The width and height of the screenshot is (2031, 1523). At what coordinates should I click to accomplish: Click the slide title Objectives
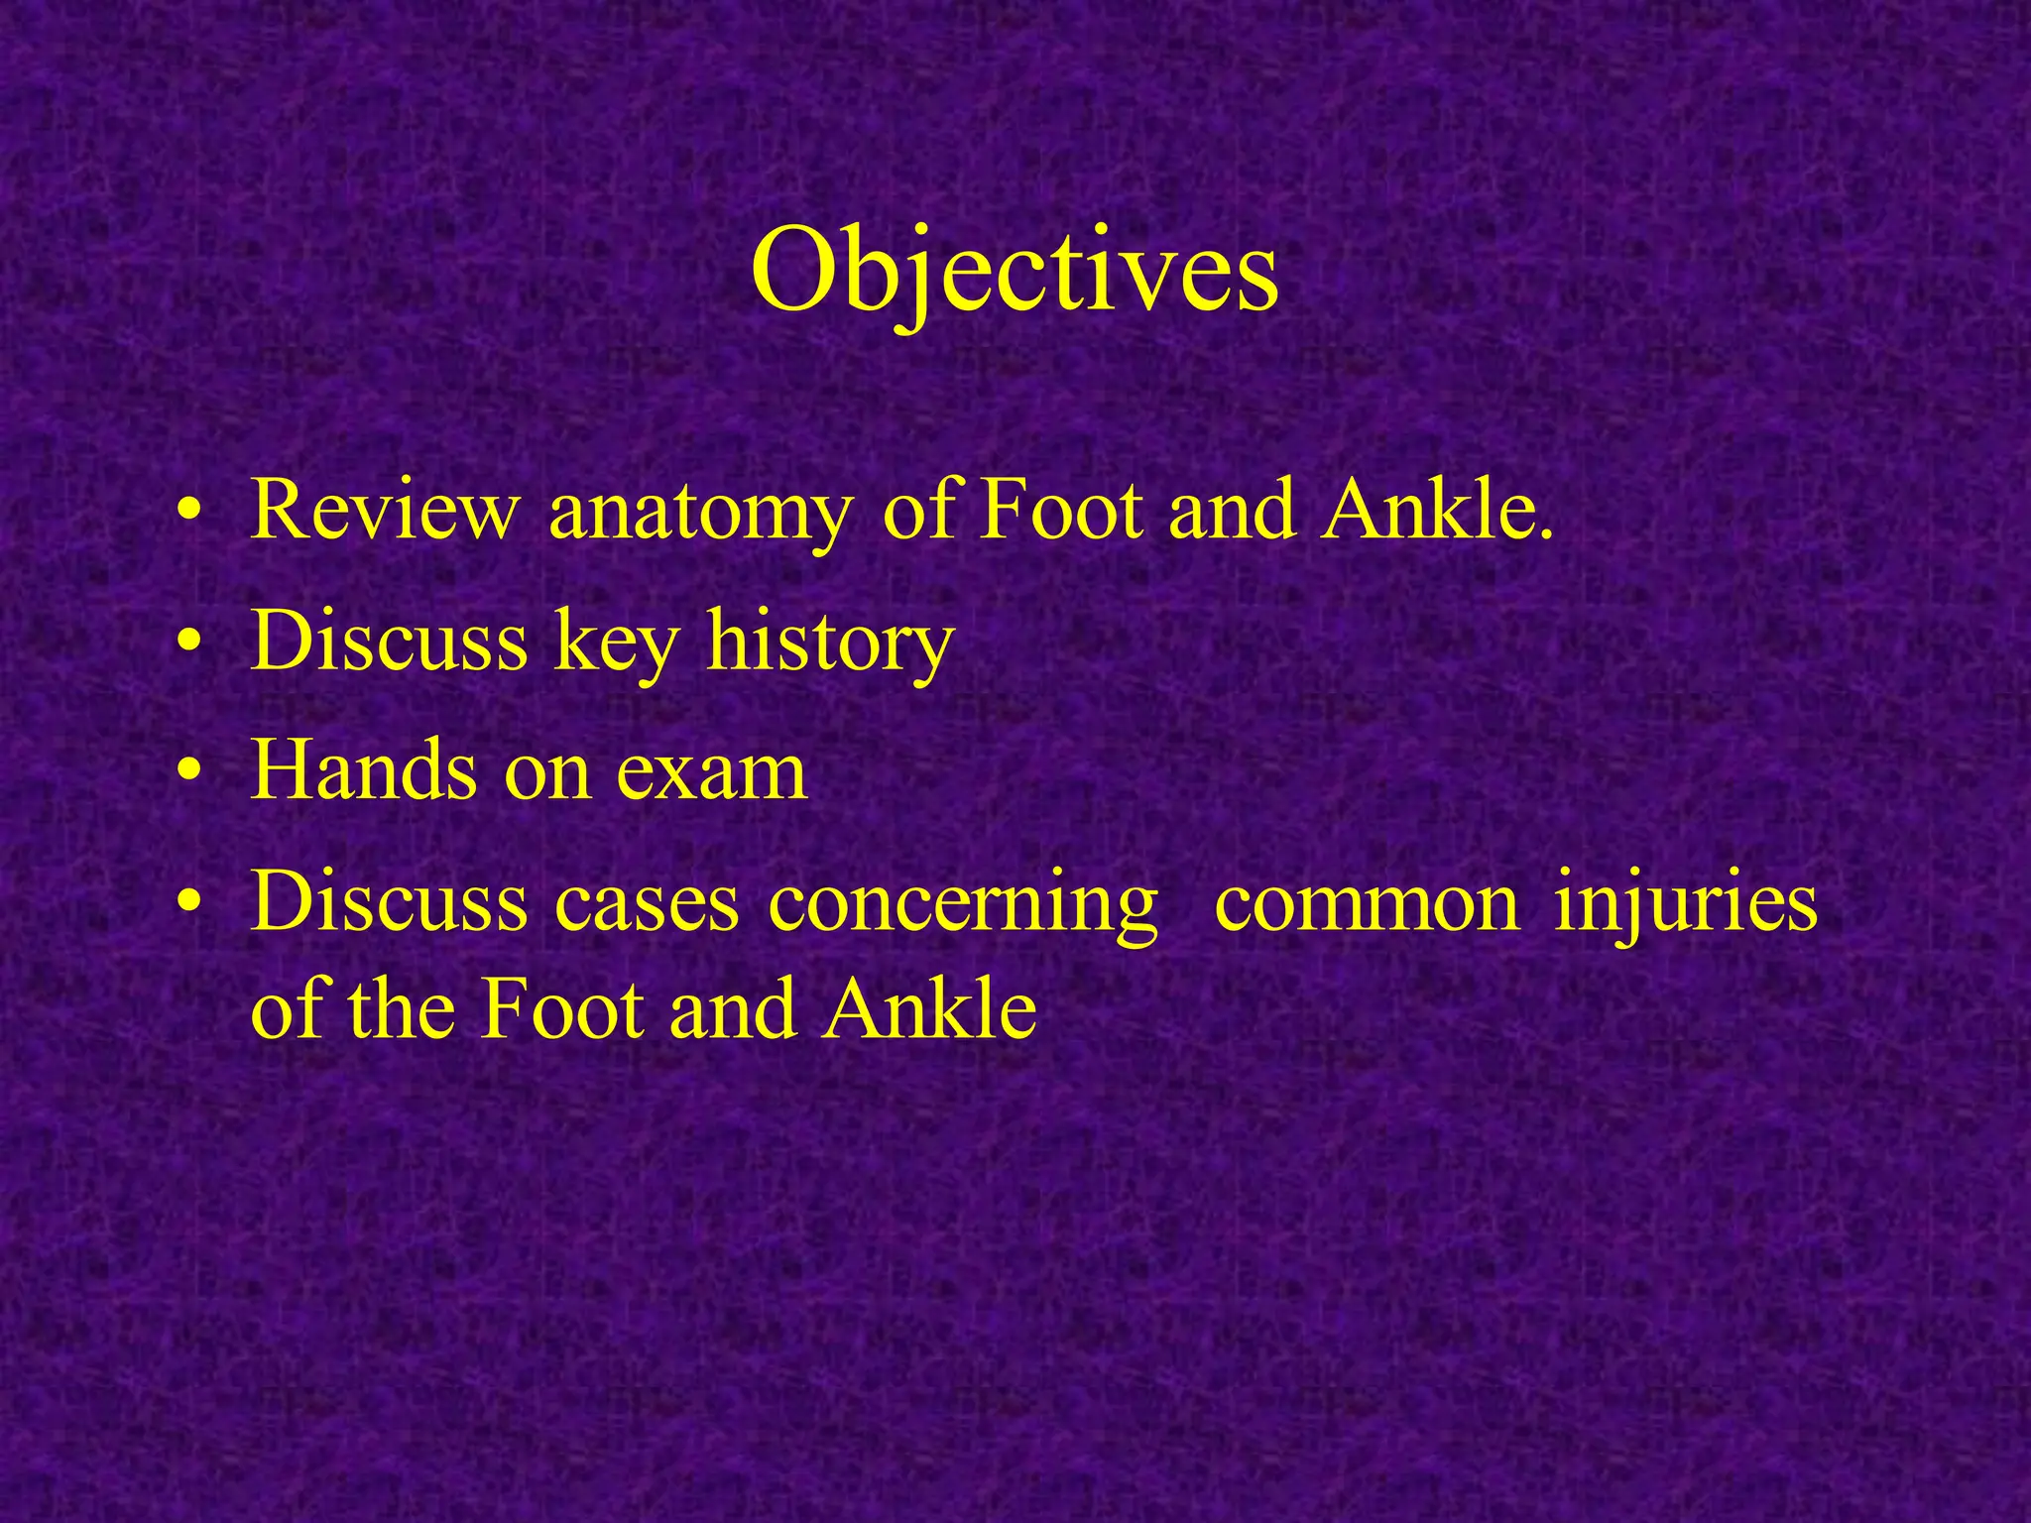1014,271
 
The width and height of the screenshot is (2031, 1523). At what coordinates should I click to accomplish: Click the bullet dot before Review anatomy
189,515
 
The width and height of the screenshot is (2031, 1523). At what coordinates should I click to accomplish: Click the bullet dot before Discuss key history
189,645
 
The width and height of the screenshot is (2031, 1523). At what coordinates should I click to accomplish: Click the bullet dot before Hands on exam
189,776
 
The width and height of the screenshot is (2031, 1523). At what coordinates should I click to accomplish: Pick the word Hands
363,772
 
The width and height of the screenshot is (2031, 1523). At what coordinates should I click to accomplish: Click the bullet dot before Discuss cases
189,907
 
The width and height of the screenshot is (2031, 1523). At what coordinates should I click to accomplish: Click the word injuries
1685,905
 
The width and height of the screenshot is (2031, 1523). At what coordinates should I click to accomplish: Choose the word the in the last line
401,1009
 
